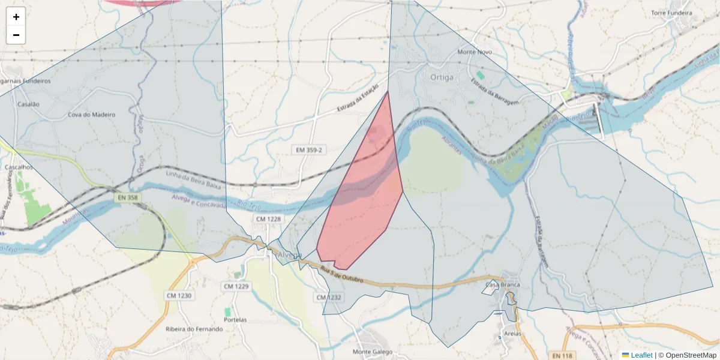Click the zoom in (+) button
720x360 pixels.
pos(16,17)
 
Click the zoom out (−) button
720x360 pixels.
pos(16,35)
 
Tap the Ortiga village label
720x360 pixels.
pos(442,77)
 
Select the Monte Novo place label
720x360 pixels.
pos(475,52)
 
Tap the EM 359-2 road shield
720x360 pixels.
pos(309,149)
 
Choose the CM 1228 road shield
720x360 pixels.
pos(268,219)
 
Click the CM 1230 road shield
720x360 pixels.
pos(179,295)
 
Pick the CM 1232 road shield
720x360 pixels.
pos(328,298)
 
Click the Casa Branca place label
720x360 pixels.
pos(502,284)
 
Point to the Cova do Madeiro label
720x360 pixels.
pos(91,115)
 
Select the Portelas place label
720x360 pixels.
pos(235,320)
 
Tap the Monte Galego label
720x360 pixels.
pos(372,352)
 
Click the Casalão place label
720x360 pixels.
pos(28,104)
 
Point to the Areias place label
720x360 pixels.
pos(513,334)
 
